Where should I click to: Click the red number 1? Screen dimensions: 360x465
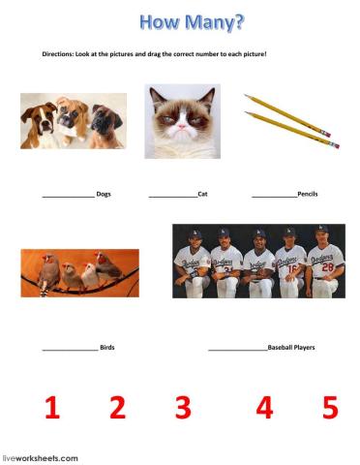coord(53,408)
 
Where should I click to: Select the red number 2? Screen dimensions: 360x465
coord(117,408)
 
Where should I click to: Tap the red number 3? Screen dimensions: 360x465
coord(183,408)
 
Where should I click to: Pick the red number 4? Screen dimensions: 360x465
coord(264,408)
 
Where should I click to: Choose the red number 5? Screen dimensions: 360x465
coord(330,408)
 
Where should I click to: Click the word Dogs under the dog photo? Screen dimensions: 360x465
coord(104,194)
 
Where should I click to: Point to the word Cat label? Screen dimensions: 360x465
coord(202,194)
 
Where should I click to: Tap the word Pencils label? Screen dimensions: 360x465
coord(308,194)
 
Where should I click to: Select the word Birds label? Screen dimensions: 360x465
coord(107,348)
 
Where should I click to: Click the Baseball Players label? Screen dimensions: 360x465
coord(291,348)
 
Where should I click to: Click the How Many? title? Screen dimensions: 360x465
coord(193,22)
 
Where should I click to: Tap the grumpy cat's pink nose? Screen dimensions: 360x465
coord(182,126)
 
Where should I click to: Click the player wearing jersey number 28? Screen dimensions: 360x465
coord(325,261)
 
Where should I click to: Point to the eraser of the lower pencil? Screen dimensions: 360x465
coord(336,145)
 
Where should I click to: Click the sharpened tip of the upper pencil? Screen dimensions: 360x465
coord(245,95)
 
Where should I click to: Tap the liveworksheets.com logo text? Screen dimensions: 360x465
coord(40,458)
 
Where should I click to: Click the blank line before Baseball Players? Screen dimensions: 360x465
coord(238,350)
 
